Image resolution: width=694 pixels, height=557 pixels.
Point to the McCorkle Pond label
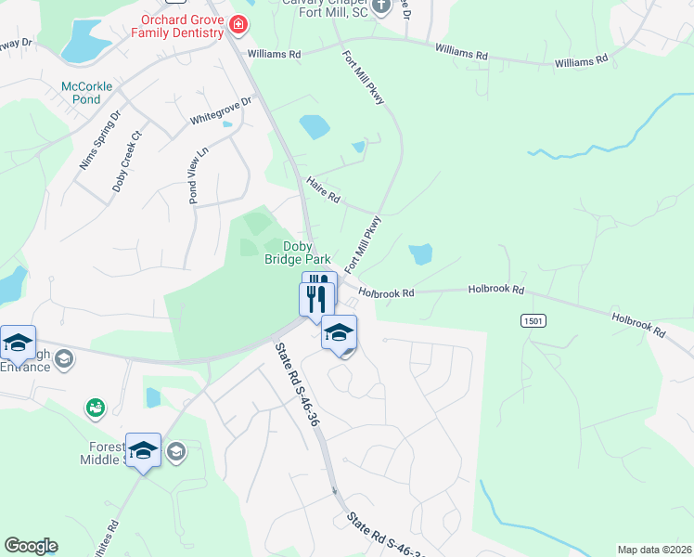tap(86, 93)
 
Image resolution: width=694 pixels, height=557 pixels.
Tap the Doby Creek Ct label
tap(126, 161)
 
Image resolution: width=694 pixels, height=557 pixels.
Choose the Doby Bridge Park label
tap(307, 253)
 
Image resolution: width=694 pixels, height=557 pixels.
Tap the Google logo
tap(31, 546)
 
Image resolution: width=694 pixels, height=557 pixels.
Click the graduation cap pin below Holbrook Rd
tap(340, 332)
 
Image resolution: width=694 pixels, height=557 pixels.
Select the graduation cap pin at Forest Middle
tap(143, 450)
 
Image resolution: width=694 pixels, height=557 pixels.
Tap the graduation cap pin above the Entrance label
tap(18, 343)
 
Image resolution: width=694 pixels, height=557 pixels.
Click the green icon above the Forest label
tap(95, 407)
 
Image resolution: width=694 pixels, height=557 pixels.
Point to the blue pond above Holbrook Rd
tap(420, 253)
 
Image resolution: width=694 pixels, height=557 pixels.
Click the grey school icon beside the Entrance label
tap(64, 358)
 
